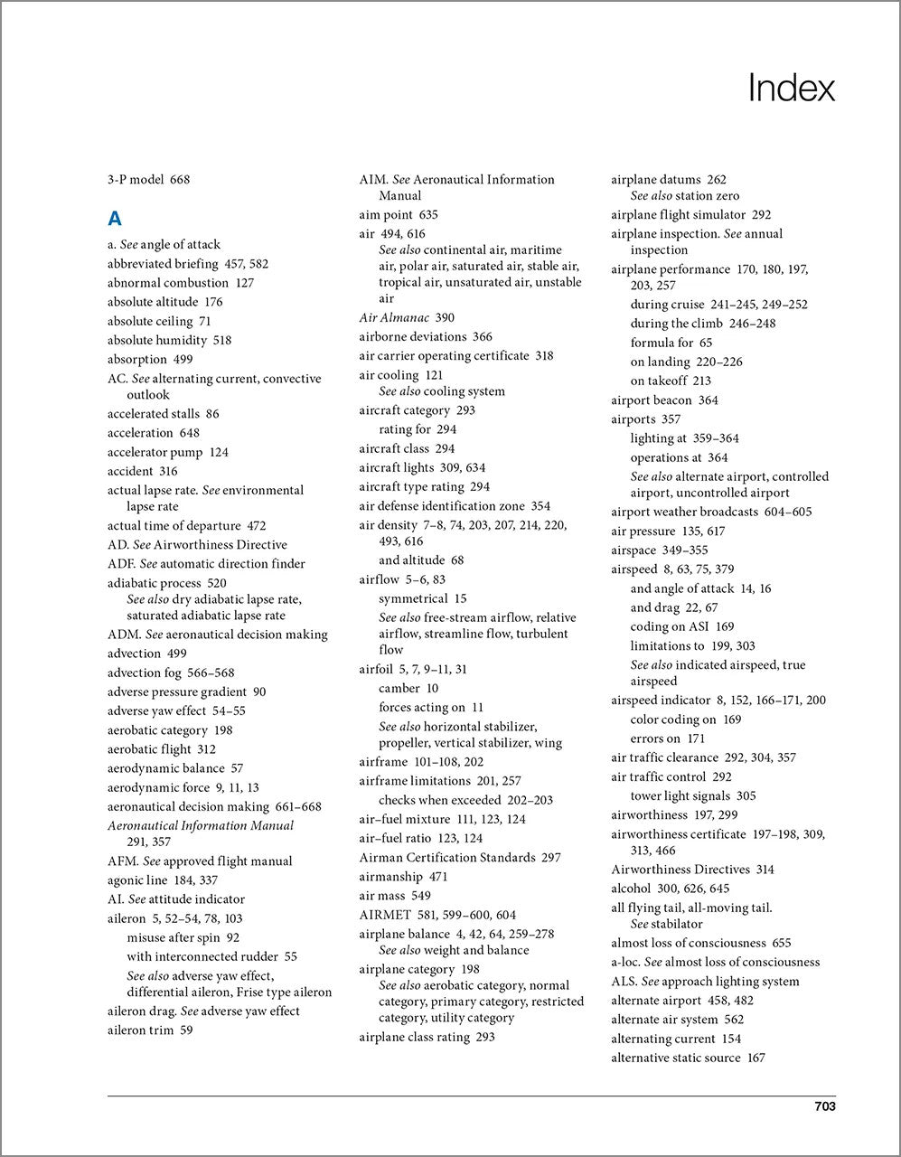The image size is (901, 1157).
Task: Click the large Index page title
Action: [791, 89]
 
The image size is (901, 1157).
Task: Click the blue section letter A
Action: [115, 218]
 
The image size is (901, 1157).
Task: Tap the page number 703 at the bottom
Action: [824, 1106]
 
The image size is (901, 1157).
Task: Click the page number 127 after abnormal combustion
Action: [244, 283]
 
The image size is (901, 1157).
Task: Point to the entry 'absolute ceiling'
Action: [150, 321]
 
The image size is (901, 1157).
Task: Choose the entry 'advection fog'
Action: [145, 673]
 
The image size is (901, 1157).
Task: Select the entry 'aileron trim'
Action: [139, 1030]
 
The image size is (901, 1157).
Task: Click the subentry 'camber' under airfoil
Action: [399, 689]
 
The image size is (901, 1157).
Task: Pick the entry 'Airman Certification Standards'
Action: [447, 858]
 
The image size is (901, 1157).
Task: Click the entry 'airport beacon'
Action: [652, 400]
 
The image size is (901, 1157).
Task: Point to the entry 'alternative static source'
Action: [675, 1058]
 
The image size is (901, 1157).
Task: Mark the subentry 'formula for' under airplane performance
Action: [662, 343]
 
